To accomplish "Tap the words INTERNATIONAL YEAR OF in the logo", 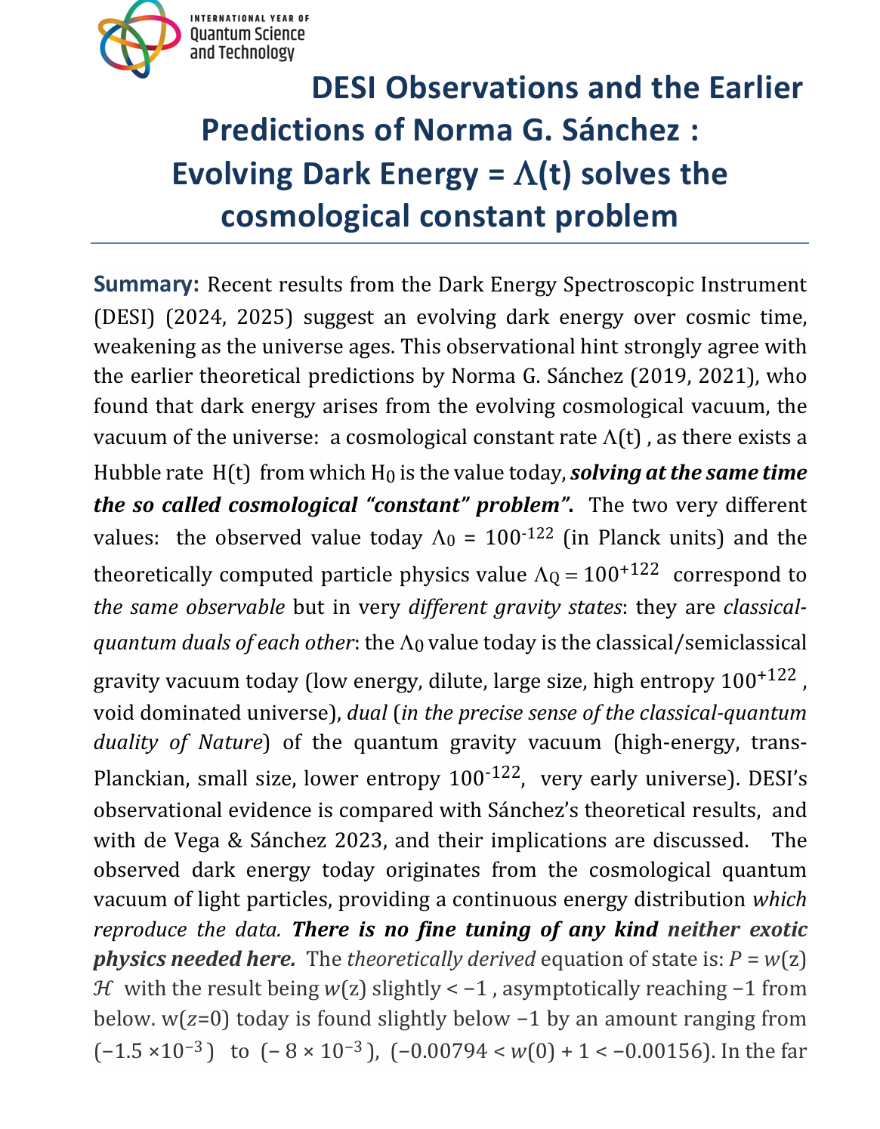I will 249,17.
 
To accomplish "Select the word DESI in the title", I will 344,88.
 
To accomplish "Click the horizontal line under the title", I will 449,243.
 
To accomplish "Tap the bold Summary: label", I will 146,285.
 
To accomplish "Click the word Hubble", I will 124,473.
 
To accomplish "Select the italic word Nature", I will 230,742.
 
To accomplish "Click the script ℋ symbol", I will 102,989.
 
